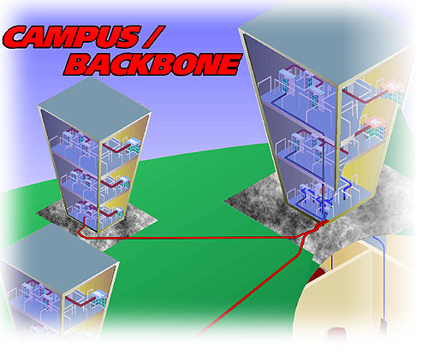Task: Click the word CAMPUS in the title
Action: [72, 37]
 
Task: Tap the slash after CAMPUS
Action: [154, 37]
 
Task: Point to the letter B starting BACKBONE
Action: [78, 65]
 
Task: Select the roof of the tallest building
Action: [325, 37]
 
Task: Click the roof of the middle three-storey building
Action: [95, 109]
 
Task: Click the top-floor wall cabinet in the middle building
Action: [134, 145]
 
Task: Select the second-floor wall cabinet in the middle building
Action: [123, 182]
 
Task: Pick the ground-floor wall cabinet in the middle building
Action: [118, 213]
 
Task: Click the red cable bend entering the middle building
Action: [81, 232]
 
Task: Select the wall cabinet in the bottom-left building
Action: [98, 301]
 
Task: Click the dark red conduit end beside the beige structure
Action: [316, 274]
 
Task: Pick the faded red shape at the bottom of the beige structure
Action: [336, 333]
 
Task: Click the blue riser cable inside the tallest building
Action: [323, 177]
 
